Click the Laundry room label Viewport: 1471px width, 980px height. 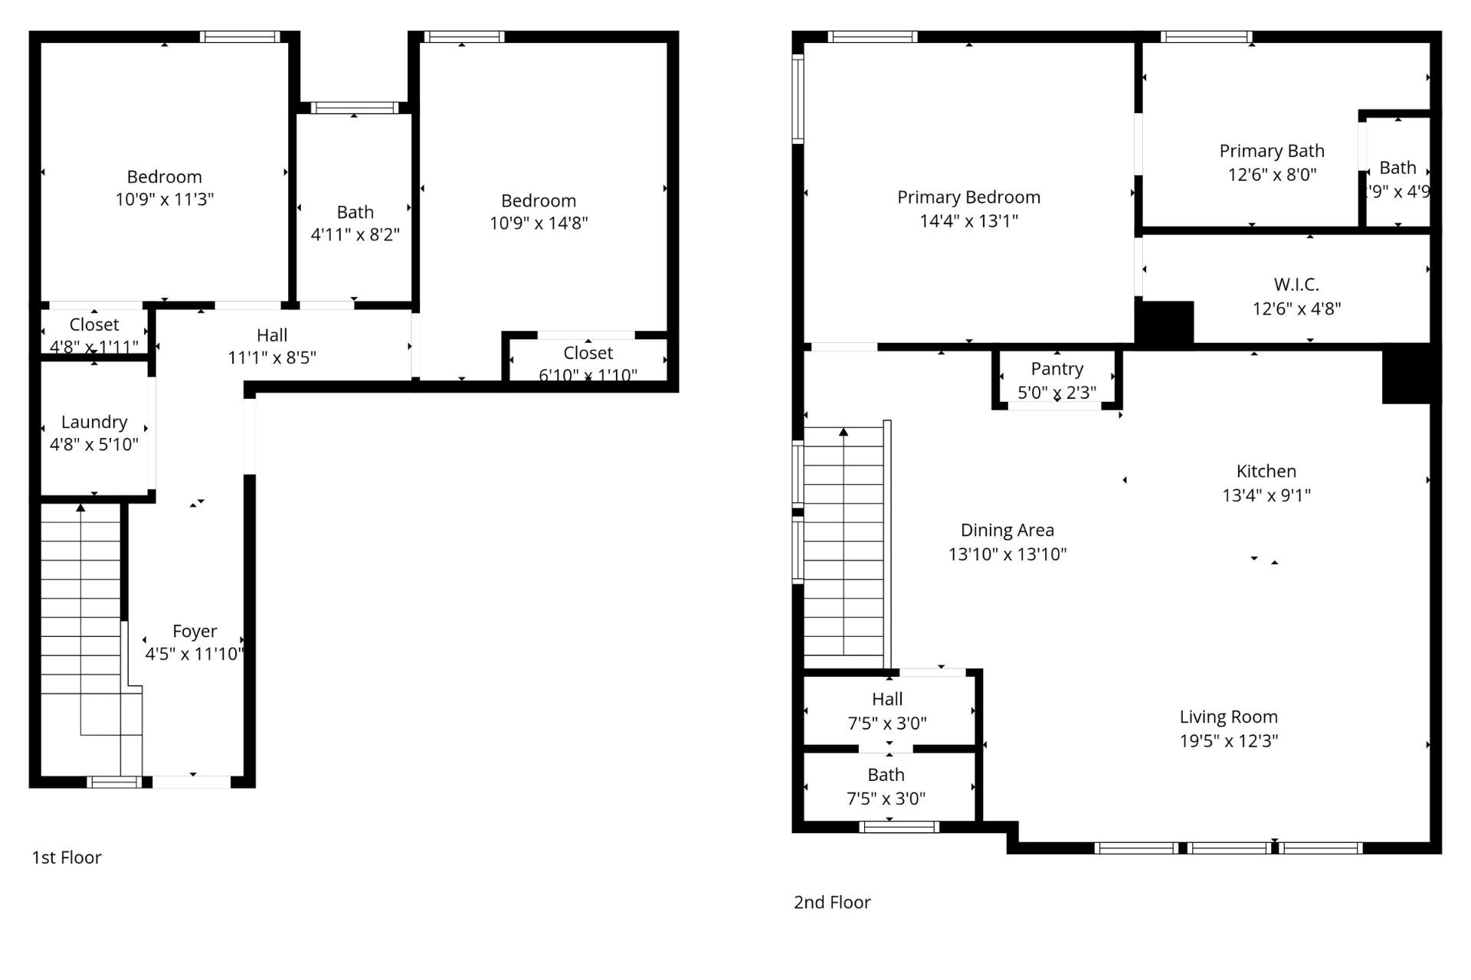pos(94,422)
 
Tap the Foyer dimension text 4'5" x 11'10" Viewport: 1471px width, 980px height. pos(195,654)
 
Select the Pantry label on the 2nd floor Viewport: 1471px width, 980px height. pos(1057,369)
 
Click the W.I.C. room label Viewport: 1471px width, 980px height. pos(1296,285)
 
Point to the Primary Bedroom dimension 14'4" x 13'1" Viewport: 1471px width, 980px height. pos(968,221)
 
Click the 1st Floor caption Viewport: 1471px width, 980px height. pos(67,857)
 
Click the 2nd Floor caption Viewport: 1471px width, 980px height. pos(832,902)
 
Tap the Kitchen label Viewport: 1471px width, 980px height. pos(1266,472)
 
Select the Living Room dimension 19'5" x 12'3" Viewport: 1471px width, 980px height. pos(1228,740)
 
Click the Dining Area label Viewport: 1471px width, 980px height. pos(1007,530)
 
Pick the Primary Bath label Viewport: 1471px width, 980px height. pos(1272,151)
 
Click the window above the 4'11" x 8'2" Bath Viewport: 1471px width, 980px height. pos(355,107)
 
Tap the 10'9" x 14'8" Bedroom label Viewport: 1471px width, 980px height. pos(539,201)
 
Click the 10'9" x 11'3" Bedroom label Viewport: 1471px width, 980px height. pos(164,177)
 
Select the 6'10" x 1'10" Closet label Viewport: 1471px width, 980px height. pos(588,353)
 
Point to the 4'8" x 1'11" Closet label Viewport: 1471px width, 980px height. pos(93,325)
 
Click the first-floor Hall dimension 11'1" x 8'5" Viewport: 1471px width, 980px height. pos(272,358)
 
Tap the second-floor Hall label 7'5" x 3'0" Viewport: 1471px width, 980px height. pos(887,699)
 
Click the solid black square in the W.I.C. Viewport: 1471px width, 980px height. pos(1164,322)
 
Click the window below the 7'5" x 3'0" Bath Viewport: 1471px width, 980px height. pos(899,826)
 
